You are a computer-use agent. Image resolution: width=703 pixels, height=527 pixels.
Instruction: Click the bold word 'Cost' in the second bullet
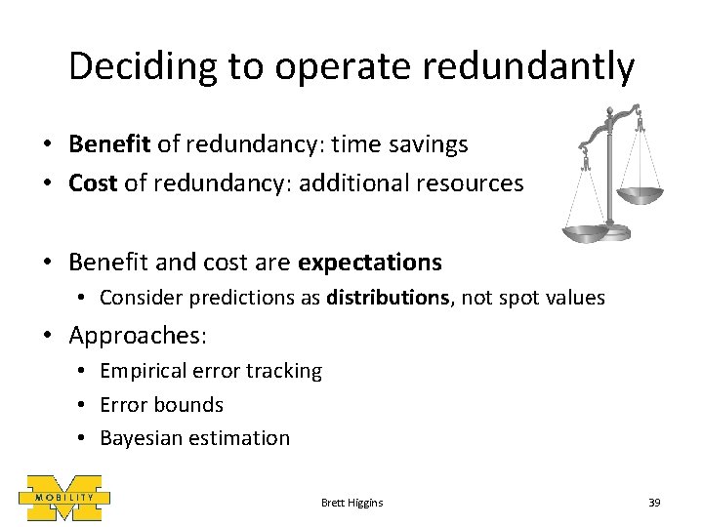(94, 183)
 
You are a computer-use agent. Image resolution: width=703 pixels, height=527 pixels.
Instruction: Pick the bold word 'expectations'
(370, 263)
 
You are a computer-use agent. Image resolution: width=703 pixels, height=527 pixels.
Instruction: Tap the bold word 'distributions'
(388, 298)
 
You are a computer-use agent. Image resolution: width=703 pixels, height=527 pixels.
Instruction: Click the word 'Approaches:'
(138, 337)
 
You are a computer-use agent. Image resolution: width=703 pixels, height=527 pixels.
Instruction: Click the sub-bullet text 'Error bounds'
(161, 404)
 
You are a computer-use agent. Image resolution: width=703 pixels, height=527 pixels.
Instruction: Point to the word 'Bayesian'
(142, 438)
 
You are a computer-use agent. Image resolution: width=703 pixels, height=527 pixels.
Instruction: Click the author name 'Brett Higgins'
(351, 502)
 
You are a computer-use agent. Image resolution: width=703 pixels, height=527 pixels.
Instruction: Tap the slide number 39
(654, 502)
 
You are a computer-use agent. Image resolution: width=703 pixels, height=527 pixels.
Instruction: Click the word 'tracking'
(284, 371)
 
